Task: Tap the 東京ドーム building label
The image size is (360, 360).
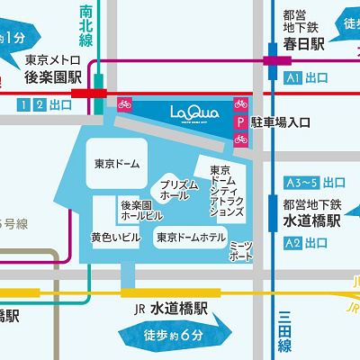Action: coord(117,165)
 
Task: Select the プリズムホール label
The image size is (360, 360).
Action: coord(180,189)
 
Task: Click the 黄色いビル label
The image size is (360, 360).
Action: coord(115,238)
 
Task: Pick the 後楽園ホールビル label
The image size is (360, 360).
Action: coord(141,211)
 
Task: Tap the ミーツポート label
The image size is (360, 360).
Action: coord(241,251)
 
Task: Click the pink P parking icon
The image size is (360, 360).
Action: coord(240,121)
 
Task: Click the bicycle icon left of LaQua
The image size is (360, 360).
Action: coord(124,103)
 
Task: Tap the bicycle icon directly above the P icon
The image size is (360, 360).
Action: coord(240,103)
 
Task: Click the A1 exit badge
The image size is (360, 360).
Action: coord(292,79)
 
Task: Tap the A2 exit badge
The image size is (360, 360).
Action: coord(292,243)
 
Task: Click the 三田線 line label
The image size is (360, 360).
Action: coord(284,333)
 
